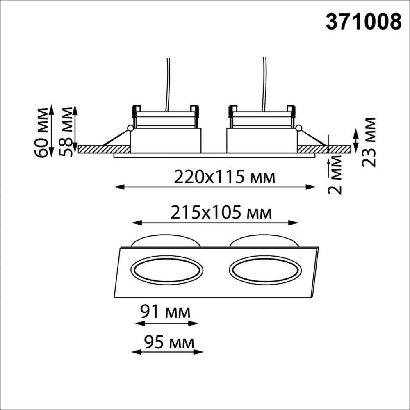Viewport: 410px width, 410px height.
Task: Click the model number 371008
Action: (x=363, y=21)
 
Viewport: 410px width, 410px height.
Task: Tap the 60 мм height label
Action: (x=42, y=132)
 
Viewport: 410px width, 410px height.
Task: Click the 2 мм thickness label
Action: (x=337, y=175)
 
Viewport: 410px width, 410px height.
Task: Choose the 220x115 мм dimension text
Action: (x=224, y=177)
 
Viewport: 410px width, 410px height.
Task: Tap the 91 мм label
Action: (x=165, y=312)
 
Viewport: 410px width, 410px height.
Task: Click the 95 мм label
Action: (x=169, y=341)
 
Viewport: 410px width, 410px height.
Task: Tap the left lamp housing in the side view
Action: (x=166, y=140)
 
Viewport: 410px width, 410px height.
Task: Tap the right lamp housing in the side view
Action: (x=262, y=140)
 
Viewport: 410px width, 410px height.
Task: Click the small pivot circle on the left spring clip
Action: (x=130, y=128)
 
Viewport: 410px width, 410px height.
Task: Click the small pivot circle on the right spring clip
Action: (x=298, y=128)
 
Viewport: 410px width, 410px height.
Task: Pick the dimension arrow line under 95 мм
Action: (x=167, y=351)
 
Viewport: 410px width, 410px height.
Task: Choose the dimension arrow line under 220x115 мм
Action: (x=215, y=187)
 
